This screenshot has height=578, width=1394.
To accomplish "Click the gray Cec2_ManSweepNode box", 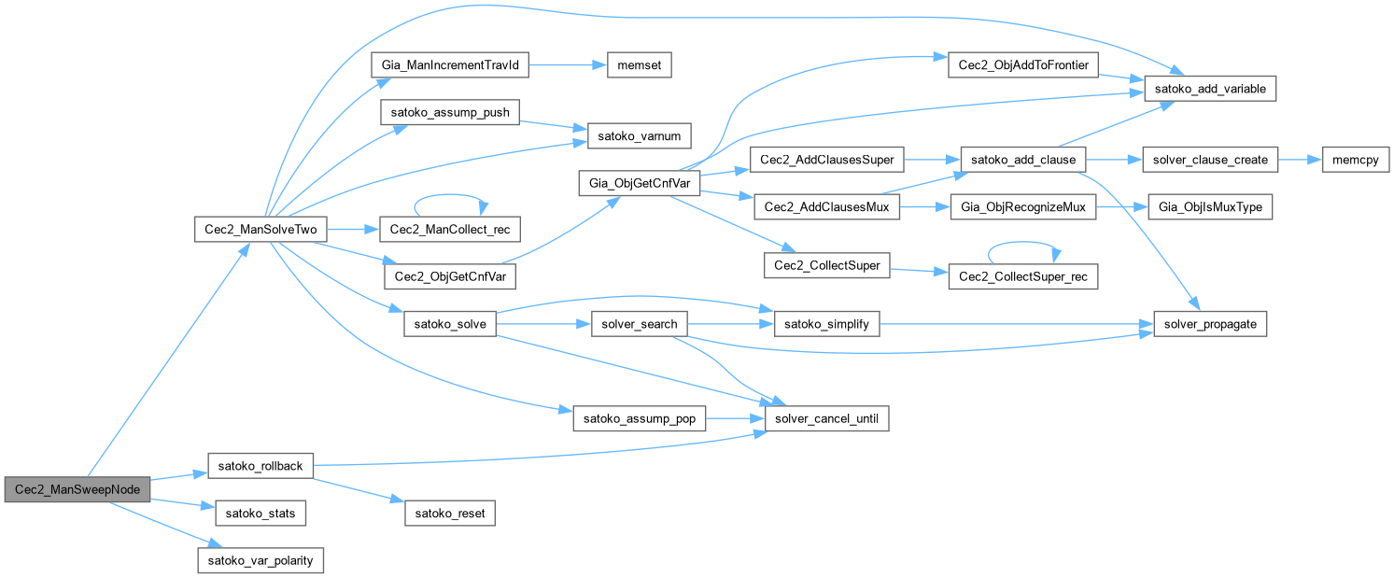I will pyautogui.click(x=77, y=489).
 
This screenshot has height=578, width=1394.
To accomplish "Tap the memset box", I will pyautogui.click(x=640, y=65).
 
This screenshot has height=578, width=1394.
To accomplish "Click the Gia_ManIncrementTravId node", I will pyautogui.click(x=450, y=65).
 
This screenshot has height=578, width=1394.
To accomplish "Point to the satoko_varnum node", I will pyautogui.click(x=640, y=136).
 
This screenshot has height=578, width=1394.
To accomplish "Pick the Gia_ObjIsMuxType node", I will pyautogui.click(x=1210, y=207).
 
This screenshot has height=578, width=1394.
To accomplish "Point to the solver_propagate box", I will pyautogui.click(x=1210, y=324).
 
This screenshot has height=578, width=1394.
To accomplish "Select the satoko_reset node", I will pyautogui.click(x=450, y=513).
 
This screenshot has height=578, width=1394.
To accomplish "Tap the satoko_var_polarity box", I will pyautogui.click(x=260, y=560).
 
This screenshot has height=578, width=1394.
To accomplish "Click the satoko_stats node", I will pyautogui.click(x=260, y=513).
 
